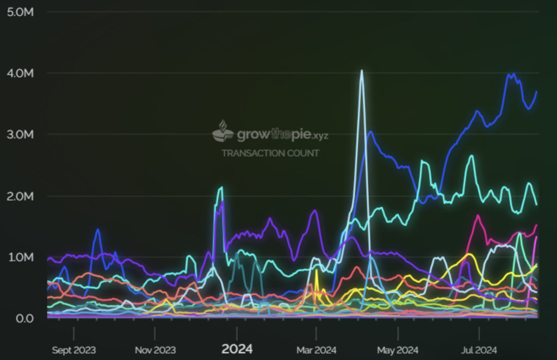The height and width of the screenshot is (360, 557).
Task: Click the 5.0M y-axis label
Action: coord(21,11)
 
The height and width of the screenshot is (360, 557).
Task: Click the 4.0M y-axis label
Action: coord(21,73)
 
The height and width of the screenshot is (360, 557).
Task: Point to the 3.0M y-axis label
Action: coord(21,134)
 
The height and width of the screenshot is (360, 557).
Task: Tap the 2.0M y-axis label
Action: coord(21,196)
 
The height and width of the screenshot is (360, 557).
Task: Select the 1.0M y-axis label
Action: coord(21,257)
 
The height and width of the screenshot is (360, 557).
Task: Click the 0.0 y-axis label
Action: coord(24,318)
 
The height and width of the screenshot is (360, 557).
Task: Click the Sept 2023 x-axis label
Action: coord(74,350)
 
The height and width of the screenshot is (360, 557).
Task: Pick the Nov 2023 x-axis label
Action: coord(154,350)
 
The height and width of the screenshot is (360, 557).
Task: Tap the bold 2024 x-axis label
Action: coord(237,349)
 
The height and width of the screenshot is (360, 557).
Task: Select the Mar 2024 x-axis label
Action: coord(317,350)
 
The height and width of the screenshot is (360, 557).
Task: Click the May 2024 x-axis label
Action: coord(398,350)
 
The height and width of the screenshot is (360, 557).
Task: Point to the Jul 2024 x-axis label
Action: coord(479,350)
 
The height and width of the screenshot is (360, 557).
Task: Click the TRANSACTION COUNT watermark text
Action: coord(270,153)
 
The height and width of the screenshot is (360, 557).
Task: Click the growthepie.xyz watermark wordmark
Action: coord(282,134)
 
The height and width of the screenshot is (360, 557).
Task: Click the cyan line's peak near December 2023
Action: coord(221,188)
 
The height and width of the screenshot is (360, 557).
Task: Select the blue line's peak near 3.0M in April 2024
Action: coord(370,132)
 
